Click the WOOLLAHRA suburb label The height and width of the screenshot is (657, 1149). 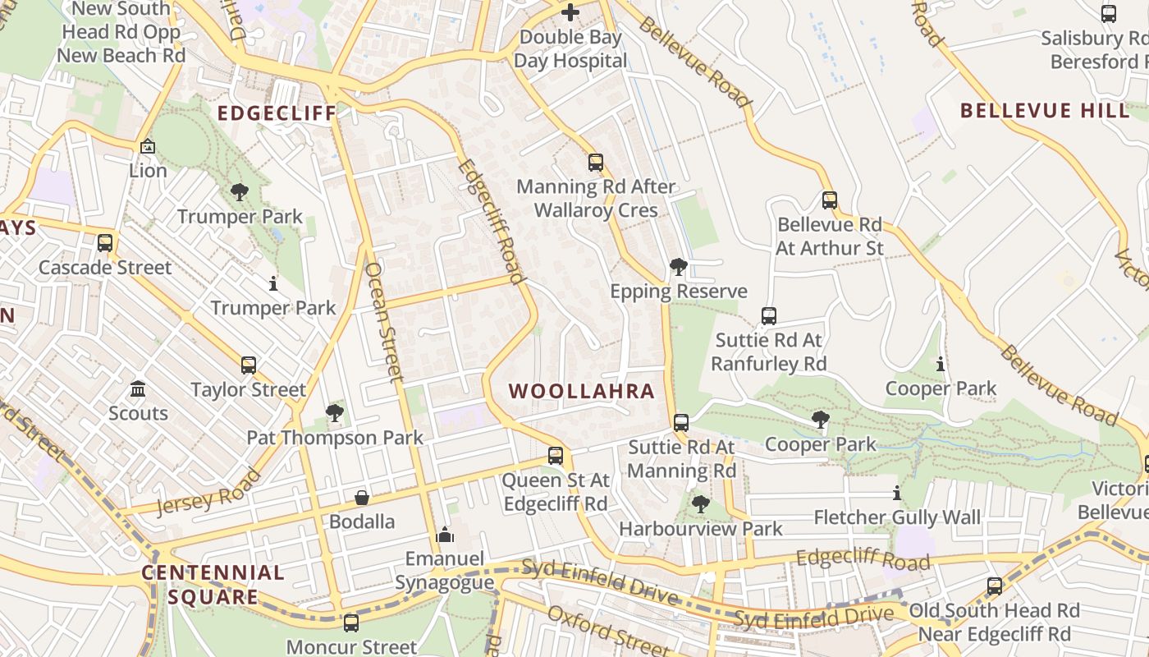(x=582, y=391)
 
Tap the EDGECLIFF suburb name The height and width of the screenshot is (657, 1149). (x=277, y=113)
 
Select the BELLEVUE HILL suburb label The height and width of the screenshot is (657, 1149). (x=1045, y=111)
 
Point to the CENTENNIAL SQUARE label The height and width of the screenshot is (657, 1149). (x=213, y=584)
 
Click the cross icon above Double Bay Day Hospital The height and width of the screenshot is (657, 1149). (x=570, y=12)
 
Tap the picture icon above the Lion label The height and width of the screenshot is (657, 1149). (x=148, y=147)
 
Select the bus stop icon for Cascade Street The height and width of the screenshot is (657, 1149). (x=105, y=243)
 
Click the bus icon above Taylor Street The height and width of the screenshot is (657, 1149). (x=248, y=365)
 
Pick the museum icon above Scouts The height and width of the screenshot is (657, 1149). (x=138, y=388)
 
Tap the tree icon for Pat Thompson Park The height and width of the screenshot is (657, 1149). (x=334, y=412)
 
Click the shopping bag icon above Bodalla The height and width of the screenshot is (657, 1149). (x=361, y=498)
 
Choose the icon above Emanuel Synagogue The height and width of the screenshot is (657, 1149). (x=445, y=535)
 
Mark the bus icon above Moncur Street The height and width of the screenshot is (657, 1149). (x=351, y=623)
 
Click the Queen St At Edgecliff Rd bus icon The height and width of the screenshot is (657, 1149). (x=556, y=455)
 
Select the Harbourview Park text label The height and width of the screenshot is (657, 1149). (x=701, y=529)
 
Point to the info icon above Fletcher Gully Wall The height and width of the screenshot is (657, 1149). (x=896, y=494)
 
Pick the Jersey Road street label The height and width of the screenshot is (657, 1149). (x=208, y=491)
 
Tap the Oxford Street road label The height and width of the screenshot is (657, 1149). (x=608, y=631)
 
